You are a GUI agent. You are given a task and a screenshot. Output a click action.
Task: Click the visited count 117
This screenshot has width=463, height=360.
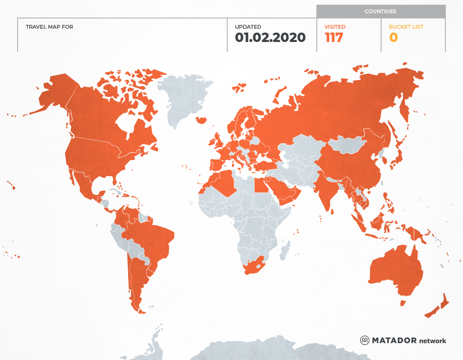click(334, 38)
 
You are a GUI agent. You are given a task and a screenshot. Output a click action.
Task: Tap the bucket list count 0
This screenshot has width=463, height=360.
click(394, 38)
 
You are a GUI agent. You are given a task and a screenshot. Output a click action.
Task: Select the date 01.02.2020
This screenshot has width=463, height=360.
click(270, 38)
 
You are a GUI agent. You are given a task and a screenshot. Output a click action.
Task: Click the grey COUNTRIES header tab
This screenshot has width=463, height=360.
click(381, 12)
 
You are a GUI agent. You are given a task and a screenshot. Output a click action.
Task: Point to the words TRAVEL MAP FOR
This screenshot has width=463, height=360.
click(49, 27)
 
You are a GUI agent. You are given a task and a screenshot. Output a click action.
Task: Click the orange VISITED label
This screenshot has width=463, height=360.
click(335, 27)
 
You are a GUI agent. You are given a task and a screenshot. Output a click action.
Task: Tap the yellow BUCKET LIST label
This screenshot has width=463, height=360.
click(406, 27)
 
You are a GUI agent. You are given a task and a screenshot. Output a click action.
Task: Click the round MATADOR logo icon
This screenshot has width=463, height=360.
click(365, 340)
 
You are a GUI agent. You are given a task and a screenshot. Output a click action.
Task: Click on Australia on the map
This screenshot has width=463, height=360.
click(394, 270)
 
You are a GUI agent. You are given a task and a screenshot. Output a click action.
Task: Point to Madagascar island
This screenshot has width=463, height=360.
click(285, 251)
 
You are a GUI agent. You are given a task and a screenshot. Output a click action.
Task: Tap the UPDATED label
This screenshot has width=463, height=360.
click(248, 27)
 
